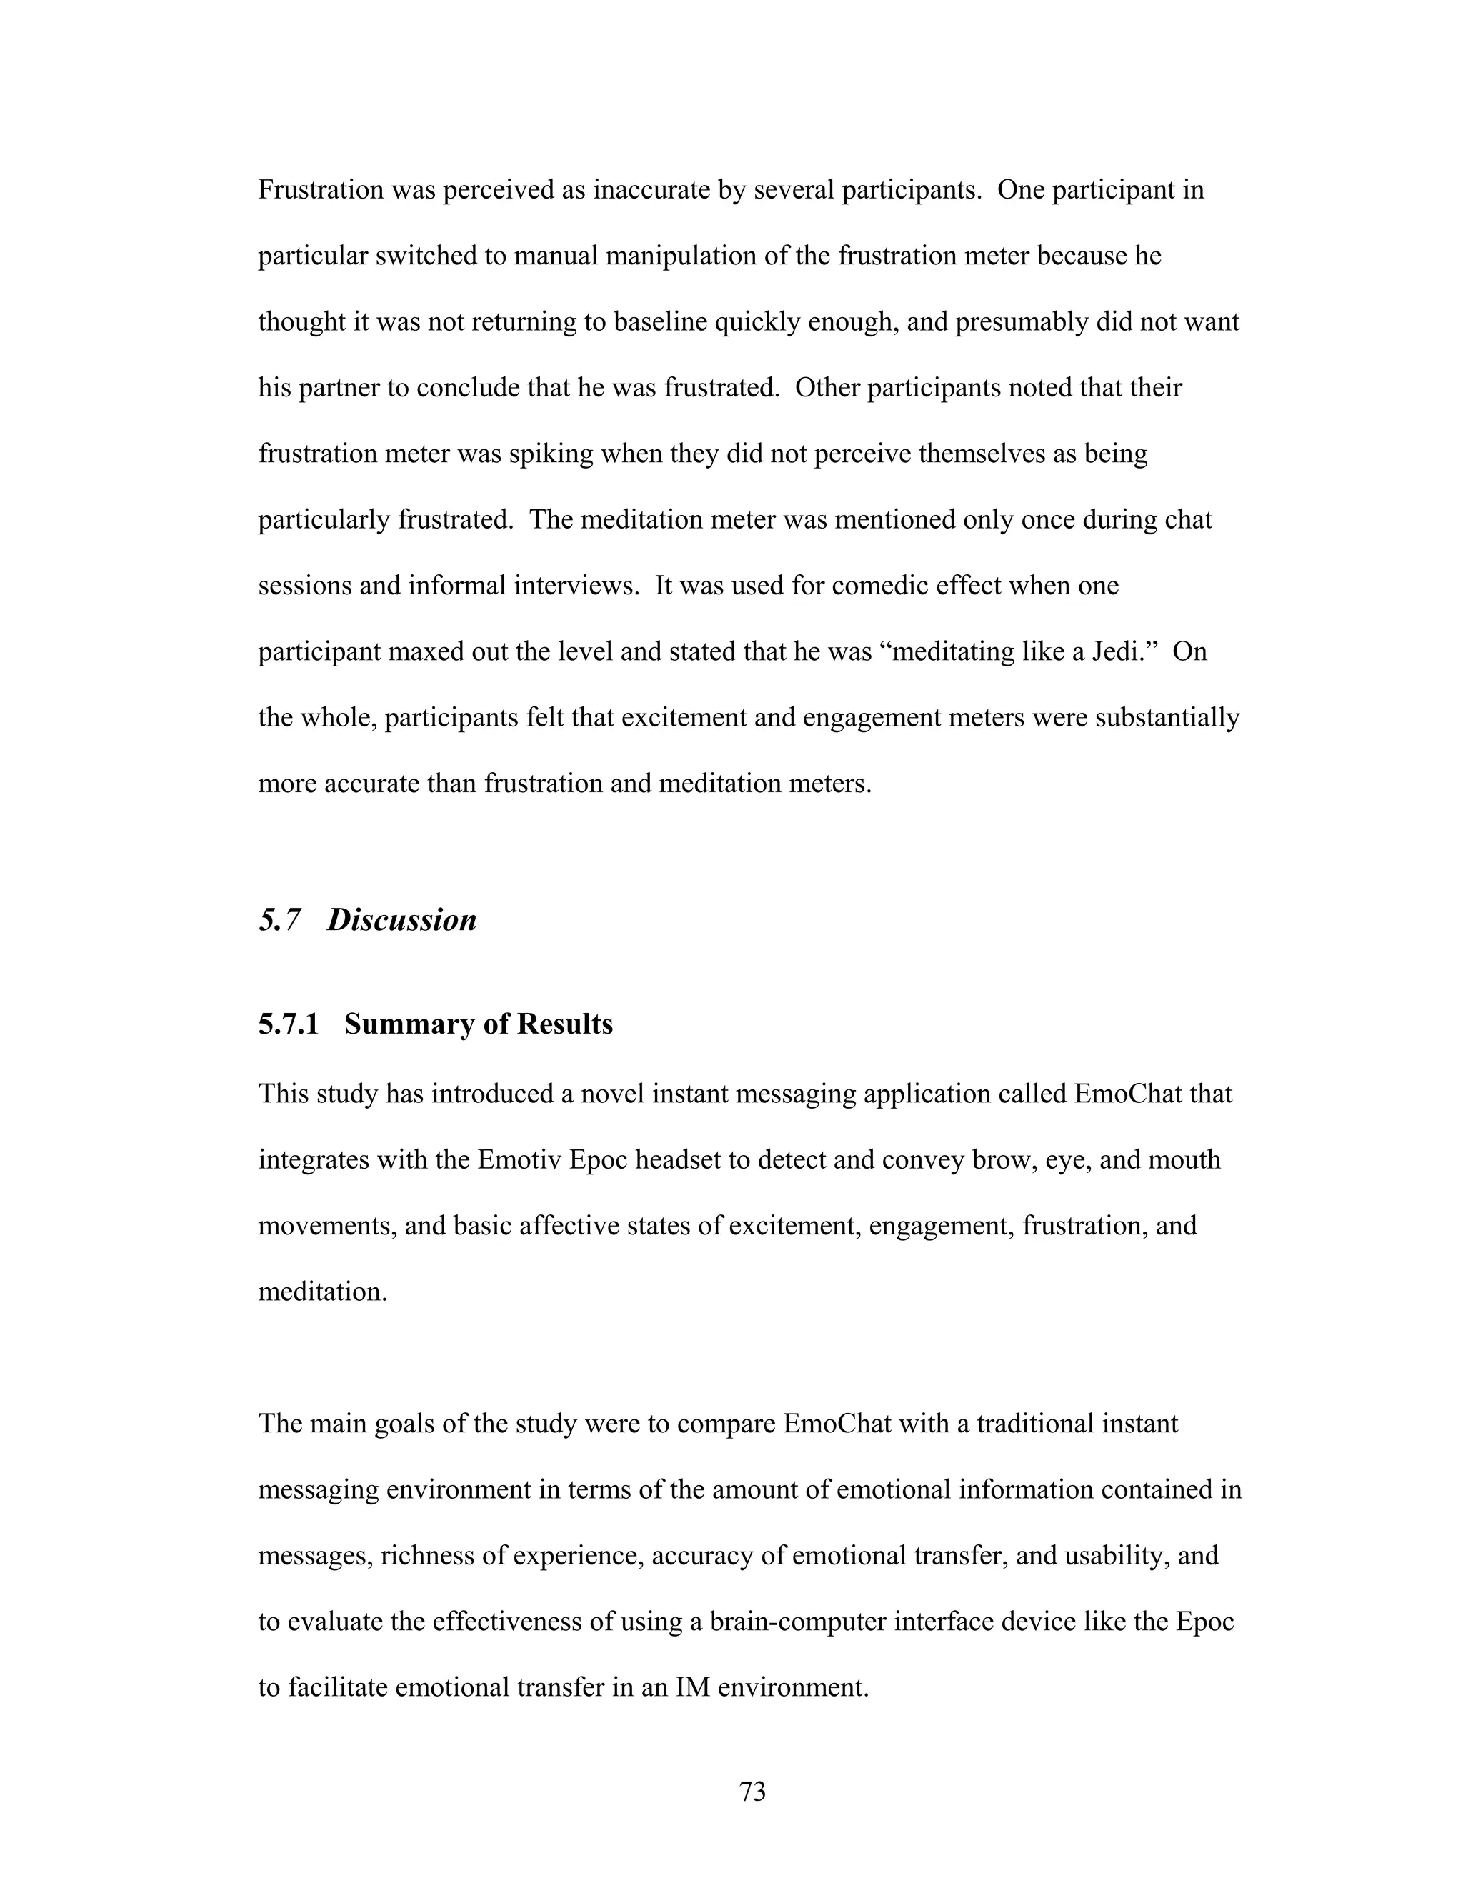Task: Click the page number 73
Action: tap(752, 1791)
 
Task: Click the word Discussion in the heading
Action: tap(401, 919)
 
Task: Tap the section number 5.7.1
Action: tap(289, 1024)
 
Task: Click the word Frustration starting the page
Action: tap(321, 190)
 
